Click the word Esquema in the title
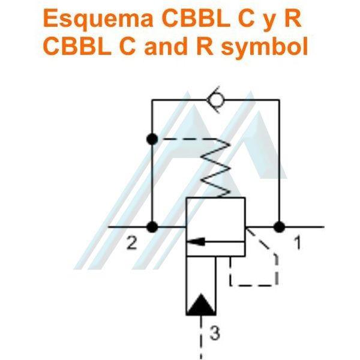pyautogui.click(x=98, y=19)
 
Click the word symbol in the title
pyautogui.click(x=264, y=47)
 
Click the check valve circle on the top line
pyautogui.click(x=215, y=100)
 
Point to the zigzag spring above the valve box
pyautogui.click(x=215, y=168)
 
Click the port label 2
pyautogui.click(x=132, y=244)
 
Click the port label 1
pyautogui.click(x=298, y=243)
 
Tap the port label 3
pyautogui.click(x=215, y=333)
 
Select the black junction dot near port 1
pyautogui.click(x=279, y=227)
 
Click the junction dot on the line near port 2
pyautogui.click(x=152, y=227)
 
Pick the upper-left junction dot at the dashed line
pyautogui.click(x=152, y=139)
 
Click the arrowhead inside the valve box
pyautogui.click(x=196, y=242)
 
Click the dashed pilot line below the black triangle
pyautogui.click(x=201, y=337)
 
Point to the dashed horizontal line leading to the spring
pyautogui.click(x=188, y=139)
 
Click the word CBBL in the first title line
pyautogui.click(x=196, y=18)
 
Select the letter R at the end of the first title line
pyautogui.click(x=293, y=18)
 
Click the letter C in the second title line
pyautogui.click(x=127, y=46)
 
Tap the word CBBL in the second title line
pyautogui.click(x=77, y=46)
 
